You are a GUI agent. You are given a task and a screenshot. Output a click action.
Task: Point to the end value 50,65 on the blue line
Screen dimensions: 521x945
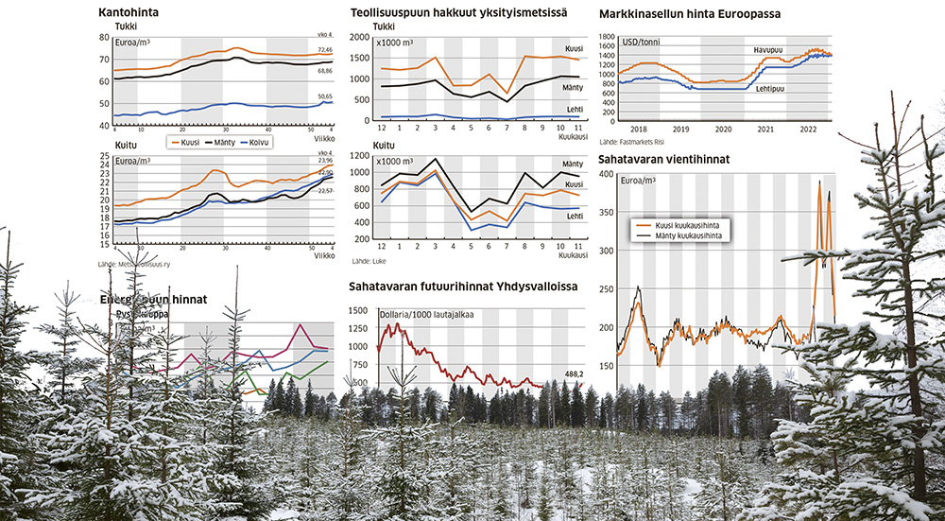tap(324, 96)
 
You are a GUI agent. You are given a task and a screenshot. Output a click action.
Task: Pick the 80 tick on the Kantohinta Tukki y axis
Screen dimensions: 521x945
tap(104, 38)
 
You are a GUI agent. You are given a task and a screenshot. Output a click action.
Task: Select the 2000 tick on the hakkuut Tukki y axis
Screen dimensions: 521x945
tap(359, 38)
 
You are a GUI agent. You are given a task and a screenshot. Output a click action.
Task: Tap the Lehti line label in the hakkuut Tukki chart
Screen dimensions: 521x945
tap(574, 110)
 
